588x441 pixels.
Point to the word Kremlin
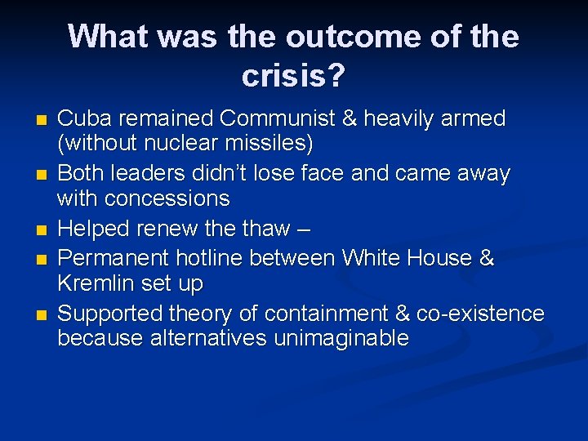[x=96, y=283]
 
